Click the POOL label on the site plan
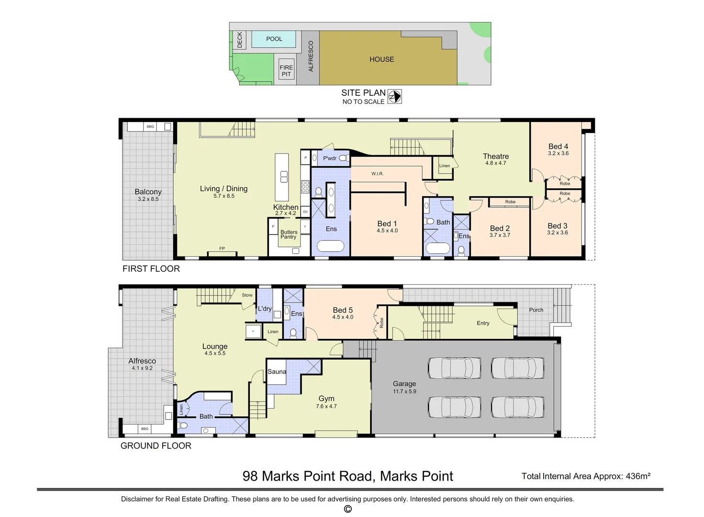tap(274, 39)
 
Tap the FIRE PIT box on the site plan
tap(286, 71)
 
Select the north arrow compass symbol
tap(394, 97)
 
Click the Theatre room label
tap(495, 157)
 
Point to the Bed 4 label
tap(558, 146)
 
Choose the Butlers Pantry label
tap(289, 235)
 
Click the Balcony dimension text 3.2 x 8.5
tap(148, 199)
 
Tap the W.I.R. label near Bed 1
tap(378, 174)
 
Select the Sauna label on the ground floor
tap(277, 371)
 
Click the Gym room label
tap(326, 398)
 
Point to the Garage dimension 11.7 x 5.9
tap(404, 392)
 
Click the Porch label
tap(536, 310)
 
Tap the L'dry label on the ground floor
tap(265, 309)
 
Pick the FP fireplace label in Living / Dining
tap(222, 248)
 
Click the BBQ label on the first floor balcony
tap(150, 127)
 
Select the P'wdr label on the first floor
tap(330, 158)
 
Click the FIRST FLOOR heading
tap(151, 269)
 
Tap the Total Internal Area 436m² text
tap(586, 476)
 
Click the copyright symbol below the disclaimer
tap(348, 509)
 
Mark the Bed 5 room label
tap(343, 310)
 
